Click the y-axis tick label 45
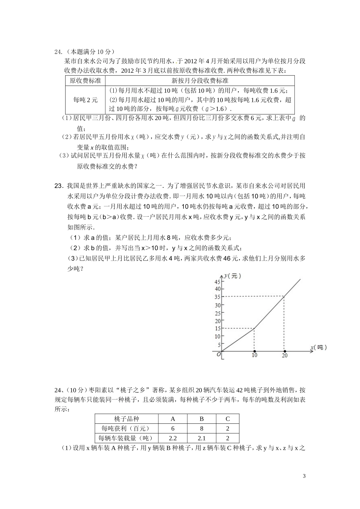point(217,282)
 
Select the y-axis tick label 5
point(219,345)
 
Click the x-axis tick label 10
point(254,355)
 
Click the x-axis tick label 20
point(285,355)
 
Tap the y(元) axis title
point(232,276)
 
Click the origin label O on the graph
point(219,354)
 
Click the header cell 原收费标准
point(85,81)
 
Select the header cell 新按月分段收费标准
point(200,81)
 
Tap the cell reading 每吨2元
point(85,100)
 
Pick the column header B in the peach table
point(202,418)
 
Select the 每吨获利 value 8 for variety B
point(202,428)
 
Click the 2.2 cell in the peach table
point(173,438)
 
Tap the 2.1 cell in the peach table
point(202,438)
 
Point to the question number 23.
point(58,186)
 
